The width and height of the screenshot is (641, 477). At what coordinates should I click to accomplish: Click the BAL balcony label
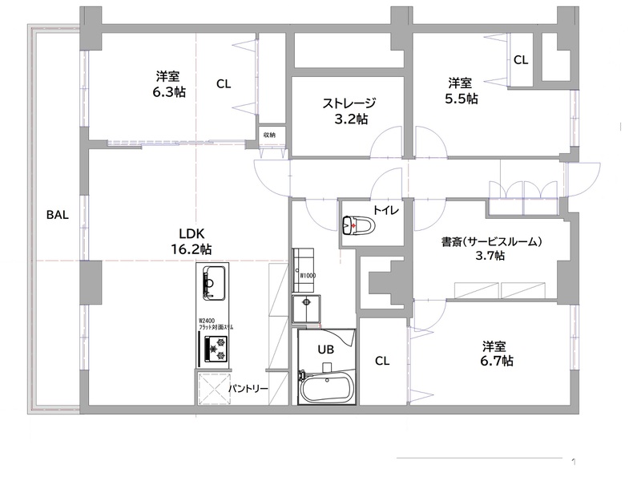click(x=57, y=215)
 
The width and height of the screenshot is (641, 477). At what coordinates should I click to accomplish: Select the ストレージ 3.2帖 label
click(x=349, y=111)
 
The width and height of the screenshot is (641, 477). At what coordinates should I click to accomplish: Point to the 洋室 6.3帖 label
click(x=168, y=84)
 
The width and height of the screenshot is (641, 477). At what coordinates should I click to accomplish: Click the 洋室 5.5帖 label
click(x=460, y=91)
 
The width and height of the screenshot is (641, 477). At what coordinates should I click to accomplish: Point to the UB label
click(x=325, y=350)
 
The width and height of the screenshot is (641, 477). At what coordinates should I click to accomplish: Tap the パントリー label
click(x=248, y=389)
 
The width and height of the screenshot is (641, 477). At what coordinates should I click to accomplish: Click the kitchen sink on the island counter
click(x=212, y=282)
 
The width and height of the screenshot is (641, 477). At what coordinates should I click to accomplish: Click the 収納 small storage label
click(x=270, y=135)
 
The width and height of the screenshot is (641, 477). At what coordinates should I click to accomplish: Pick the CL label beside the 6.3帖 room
click(x=224, y=83)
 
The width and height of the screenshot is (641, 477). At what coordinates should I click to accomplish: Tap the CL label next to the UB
click(x=382, y=361)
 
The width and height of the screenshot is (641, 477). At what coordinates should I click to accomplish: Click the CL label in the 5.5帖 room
click(x=521, y=59)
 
